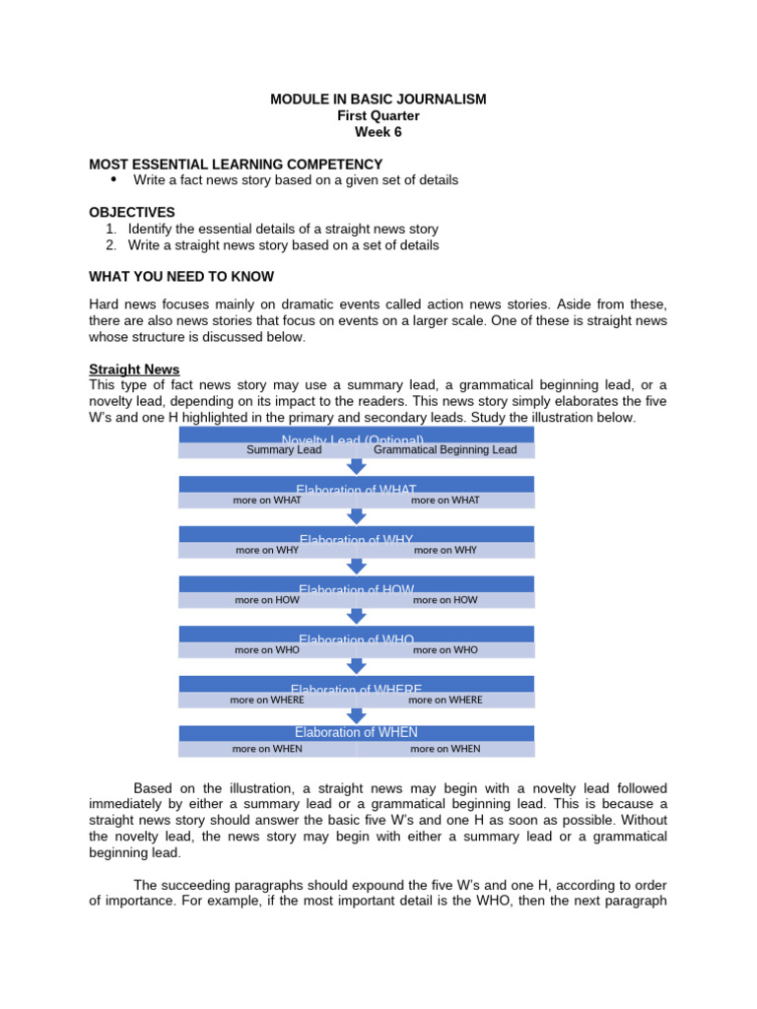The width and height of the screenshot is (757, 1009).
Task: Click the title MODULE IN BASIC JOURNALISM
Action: pos(378,100)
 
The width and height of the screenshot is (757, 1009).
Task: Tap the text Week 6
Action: pos(378,132)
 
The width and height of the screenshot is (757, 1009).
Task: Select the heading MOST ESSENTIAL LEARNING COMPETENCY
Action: pos(236,164)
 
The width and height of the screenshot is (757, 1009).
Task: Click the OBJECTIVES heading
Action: pos(132,212)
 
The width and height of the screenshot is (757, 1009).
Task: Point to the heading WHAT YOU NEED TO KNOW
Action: pos(181,276)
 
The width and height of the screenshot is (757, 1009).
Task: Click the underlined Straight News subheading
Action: pos(134,370)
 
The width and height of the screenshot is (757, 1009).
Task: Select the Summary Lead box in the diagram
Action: pos(284,450)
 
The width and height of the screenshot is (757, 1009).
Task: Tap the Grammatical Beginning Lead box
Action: pos(445,450)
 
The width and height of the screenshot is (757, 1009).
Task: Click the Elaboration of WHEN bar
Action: pos(356,732)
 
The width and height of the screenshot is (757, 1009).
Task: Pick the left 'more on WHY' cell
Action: pos(267,550)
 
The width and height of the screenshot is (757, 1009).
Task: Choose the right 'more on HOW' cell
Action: pos(446,599)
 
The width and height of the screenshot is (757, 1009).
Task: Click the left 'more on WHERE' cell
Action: pos(267,700)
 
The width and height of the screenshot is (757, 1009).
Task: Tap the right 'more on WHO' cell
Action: pos(446,649)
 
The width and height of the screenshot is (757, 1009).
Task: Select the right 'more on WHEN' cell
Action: pos(446,749)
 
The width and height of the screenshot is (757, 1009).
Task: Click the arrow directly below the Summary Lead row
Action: pos(357,466)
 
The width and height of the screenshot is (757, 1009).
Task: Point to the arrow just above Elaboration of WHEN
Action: pos(357,715)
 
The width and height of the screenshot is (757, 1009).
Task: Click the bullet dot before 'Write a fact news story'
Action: pos(113,179)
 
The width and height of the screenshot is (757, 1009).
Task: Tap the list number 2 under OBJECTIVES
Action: pos(111,245)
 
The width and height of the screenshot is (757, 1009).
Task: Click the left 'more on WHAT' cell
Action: pos(267,500)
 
